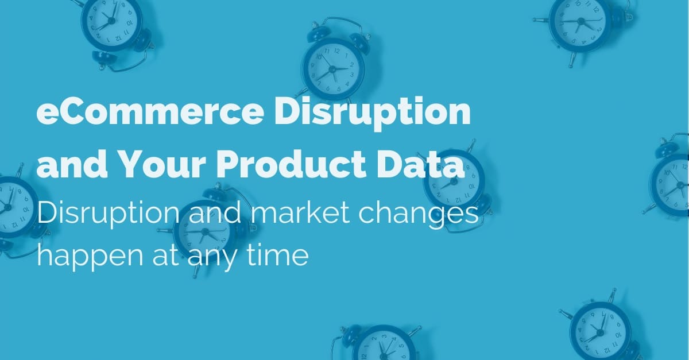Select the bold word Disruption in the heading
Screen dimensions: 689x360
coord(372,113)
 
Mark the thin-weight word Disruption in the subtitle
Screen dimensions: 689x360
coord(108,214)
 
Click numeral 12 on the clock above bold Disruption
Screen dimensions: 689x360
coord(337,51)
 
